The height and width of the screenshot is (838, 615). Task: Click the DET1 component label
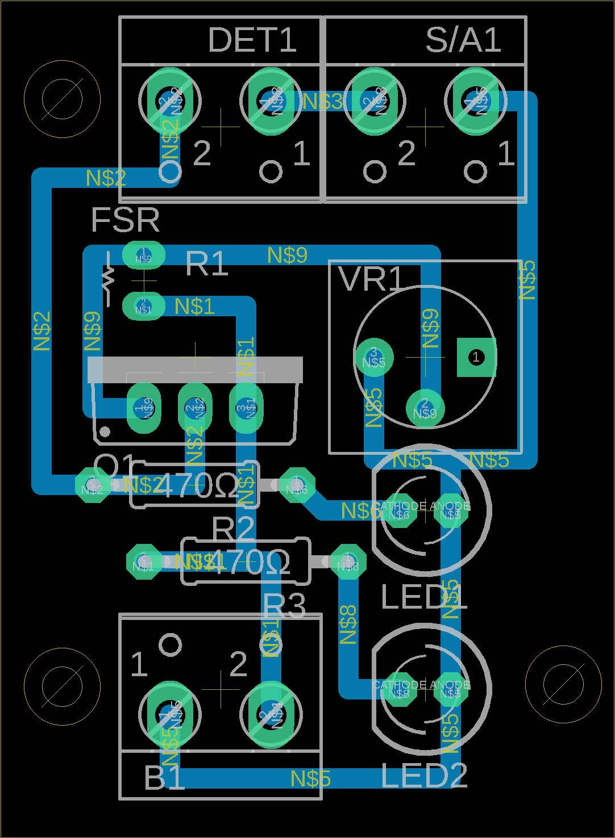click(x=252, y=40)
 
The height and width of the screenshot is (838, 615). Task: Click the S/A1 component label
click(x=463, y=40)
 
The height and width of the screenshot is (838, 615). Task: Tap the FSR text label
click(x=126, y=220)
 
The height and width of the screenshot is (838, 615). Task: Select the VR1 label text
click(x=371, y=279)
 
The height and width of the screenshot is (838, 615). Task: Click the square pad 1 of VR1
click(x=476, y=357)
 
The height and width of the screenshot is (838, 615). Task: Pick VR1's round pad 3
click(x=373, y=357)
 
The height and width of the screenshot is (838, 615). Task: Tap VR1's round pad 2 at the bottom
click(x=425, y=408)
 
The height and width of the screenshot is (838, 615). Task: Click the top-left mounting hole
click(x=63, y=99)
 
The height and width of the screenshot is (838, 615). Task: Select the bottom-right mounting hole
click(x=563, y=685)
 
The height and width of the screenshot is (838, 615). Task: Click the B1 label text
click(x=164, y=778)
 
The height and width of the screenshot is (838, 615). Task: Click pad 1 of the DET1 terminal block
click(x=271, y=101)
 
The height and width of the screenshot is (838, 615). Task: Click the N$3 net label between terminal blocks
click(x=322, y=102)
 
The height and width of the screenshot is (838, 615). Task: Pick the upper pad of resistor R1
click(x=144, y=255)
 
